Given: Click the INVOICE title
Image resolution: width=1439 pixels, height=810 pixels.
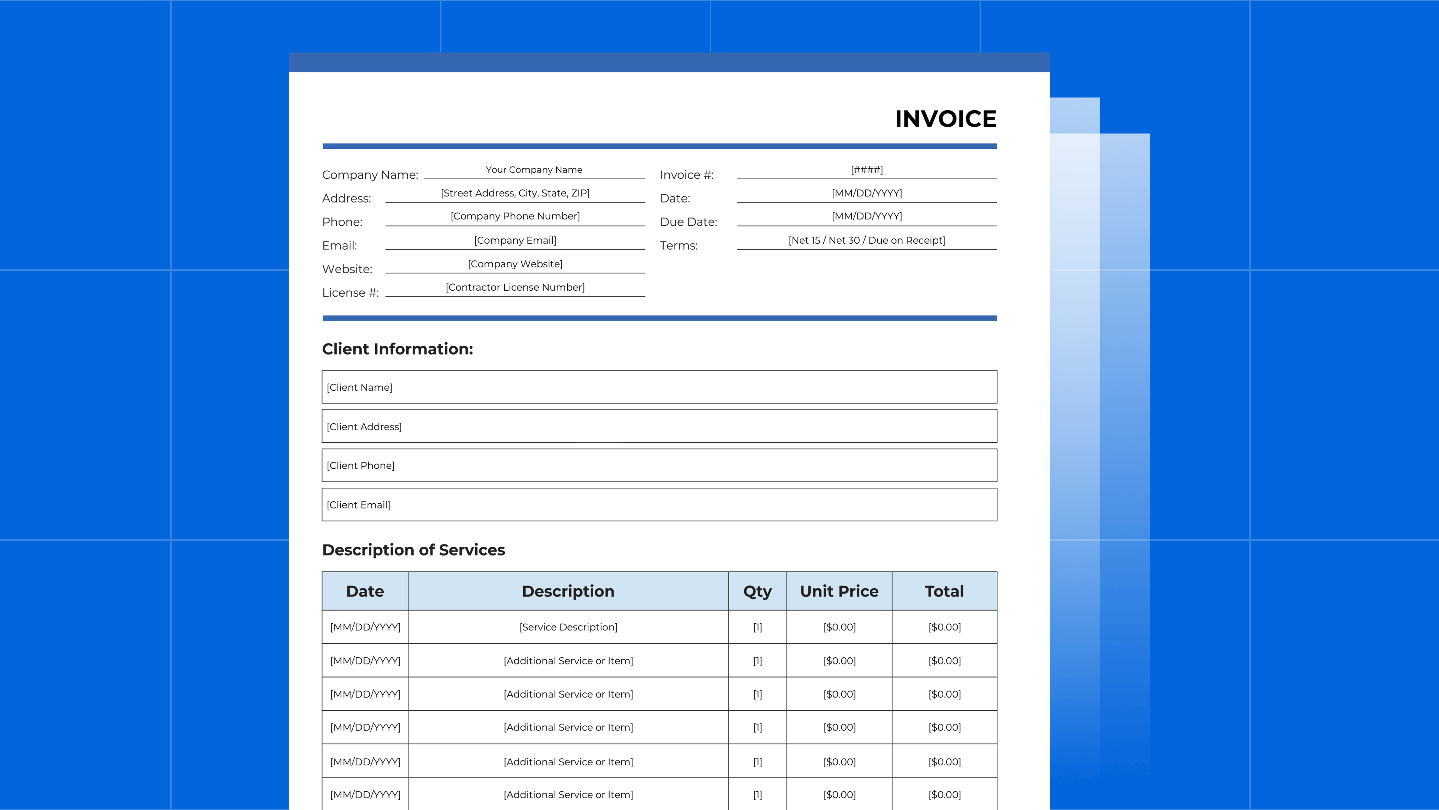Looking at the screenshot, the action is point(945,119).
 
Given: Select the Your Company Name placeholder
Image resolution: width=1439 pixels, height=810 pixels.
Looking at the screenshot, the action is point(534,170).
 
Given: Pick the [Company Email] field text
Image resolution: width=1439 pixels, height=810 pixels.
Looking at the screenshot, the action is point(515,240).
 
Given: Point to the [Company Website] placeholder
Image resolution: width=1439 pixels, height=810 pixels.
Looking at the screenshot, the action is point(515,264).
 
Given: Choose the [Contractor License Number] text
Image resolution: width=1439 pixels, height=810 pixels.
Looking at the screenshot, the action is point(515,287).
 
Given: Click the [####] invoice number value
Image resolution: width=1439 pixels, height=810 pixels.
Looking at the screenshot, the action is point(866,170).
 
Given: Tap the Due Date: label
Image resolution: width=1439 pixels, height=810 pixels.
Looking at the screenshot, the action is point(688,222).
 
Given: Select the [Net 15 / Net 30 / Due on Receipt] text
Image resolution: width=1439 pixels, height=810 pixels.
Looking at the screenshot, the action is point(866,240).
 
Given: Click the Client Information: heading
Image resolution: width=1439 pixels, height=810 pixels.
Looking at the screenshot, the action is point(397,349).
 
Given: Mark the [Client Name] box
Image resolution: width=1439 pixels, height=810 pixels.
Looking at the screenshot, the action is point(659,387).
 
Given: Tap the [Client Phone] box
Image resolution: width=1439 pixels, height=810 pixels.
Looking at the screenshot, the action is point(659,465).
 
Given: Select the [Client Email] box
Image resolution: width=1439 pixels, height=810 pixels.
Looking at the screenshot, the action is point(659,504).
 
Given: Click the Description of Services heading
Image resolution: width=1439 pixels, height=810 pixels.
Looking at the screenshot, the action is point(413,550).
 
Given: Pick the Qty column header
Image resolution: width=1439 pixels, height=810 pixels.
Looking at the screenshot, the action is point(757,591).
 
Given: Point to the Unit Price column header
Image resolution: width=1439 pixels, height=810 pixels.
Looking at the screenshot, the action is point(839,591).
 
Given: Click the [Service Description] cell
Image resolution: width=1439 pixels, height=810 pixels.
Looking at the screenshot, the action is point(568,627).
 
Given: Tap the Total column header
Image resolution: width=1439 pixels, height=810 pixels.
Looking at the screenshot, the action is point(944,591).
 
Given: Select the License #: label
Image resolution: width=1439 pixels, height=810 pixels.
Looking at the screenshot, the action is point(350,293).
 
